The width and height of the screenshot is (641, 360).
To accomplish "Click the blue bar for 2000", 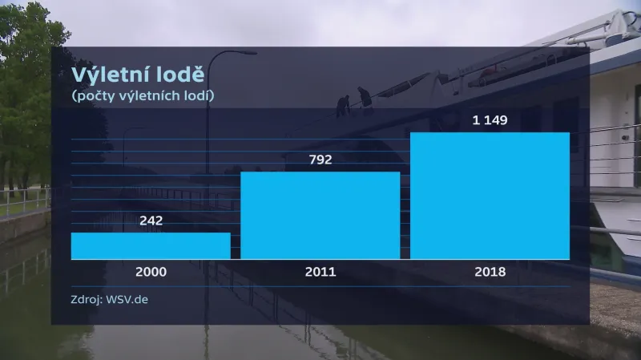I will [151, 246].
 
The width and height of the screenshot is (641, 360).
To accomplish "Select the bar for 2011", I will [320, 216].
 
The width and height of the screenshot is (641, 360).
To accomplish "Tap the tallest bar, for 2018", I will [490, 196].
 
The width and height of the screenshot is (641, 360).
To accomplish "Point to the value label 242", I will [151, 220].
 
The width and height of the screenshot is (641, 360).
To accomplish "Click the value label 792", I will [320, 160].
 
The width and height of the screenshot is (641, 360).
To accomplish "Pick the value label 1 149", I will [490, 120].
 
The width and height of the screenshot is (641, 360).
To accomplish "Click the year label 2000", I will [151, 272].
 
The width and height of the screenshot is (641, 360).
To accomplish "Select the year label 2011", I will [320, 272].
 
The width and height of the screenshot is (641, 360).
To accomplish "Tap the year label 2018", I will [490, 272].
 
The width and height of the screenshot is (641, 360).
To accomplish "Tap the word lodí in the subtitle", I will [200, 96].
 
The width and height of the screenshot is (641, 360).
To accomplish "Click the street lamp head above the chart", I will [244, 54].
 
